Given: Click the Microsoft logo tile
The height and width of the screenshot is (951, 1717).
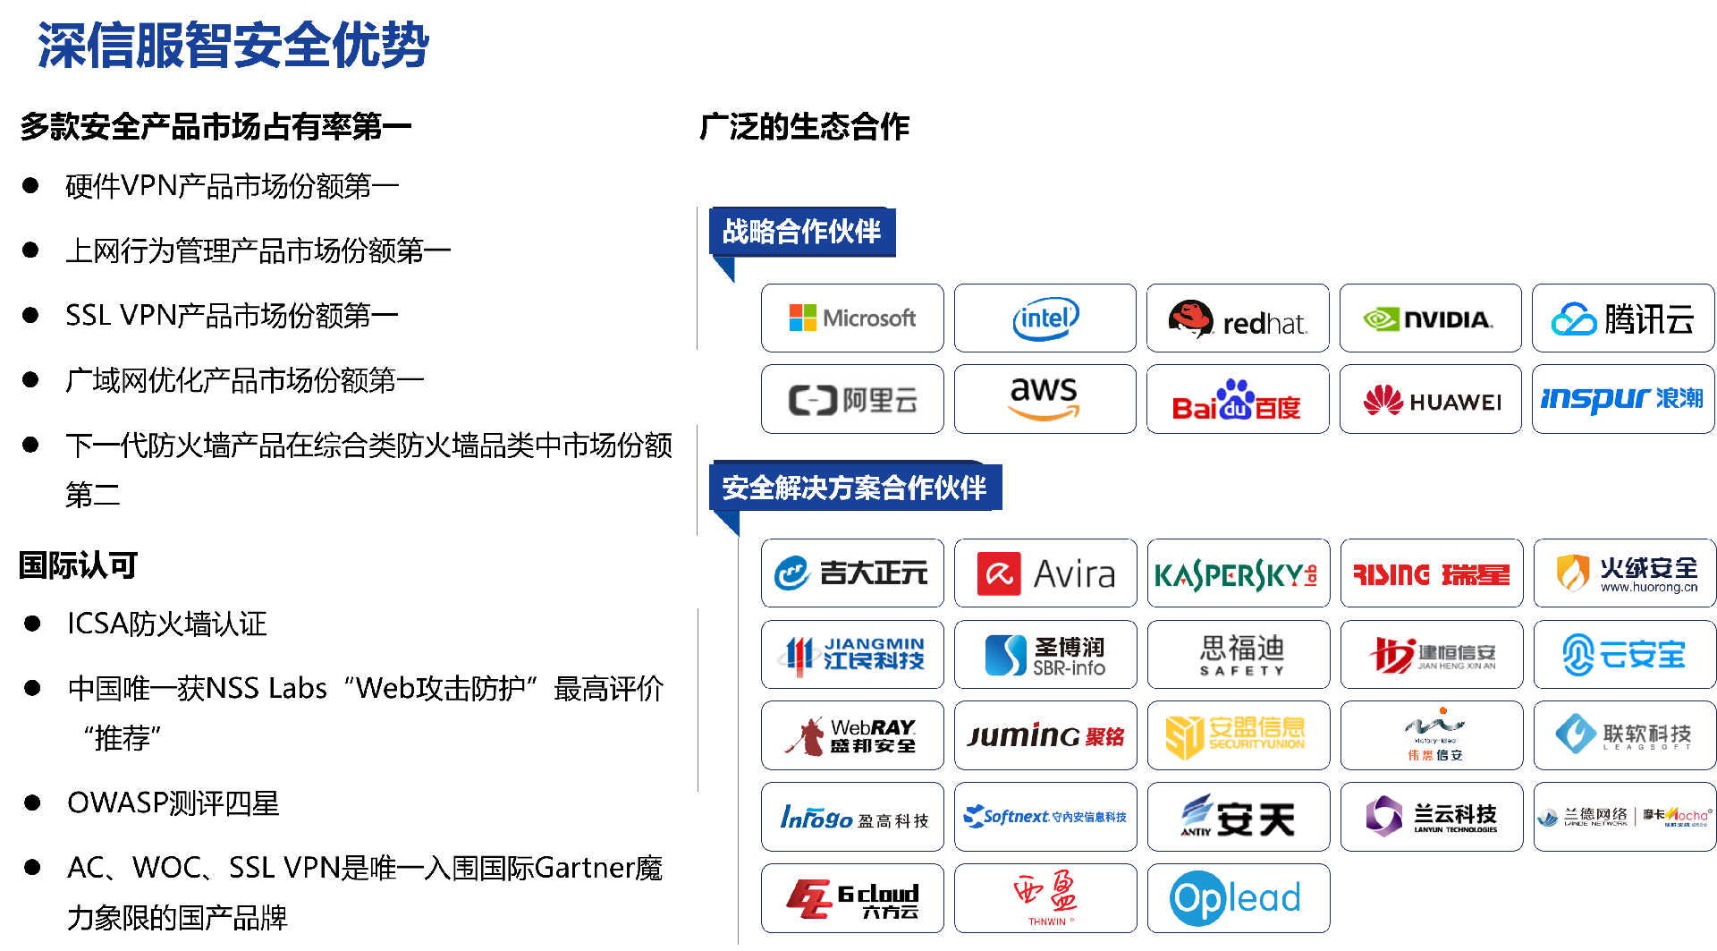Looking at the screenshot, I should [852, 318].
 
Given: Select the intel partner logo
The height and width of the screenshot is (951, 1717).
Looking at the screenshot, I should [1045, 318].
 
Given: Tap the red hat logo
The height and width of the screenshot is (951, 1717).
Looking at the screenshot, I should [1238, 318].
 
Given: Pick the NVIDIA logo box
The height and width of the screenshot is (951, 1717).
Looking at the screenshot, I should [1430, 318].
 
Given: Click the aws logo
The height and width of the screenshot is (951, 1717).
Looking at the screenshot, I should [1045, 399].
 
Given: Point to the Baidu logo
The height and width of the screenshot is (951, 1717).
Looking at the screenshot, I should [1238, 399].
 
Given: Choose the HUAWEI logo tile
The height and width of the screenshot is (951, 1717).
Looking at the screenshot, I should [1430, 399].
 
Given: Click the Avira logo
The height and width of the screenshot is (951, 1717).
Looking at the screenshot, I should [1045, 573].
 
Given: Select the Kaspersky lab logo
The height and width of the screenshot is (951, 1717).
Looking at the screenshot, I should [1238, 573].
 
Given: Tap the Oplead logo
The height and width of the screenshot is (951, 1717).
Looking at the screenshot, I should [1238, 898].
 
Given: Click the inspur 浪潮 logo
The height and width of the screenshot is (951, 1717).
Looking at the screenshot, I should [1623, 399].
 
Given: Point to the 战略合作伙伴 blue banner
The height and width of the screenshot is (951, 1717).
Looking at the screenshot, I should [802, 232].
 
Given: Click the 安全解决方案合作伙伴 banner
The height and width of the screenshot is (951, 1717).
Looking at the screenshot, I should [854, 488].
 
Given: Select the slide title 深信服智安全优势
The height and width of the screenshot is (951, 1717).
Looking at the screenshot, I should [233, 45].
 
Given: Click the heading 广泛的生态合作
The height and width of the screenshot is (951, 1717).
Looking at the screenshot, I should [804, 127].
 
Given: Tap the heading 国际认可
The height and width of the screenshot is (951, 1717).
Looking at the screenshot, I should [79, 565].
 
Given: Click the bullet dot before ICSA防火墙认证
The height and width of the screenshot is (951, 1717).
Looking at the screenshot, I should [32, 624].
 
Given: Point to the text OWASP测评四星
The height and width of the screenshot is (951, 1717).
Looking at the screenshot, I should [173, 803].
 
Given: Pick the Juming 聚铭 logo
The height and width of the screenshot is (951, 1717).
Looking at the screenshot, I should [1045, 735].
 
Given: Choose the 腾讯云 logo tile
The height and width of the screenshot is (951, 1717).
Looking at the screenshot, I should [1623, 318].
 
